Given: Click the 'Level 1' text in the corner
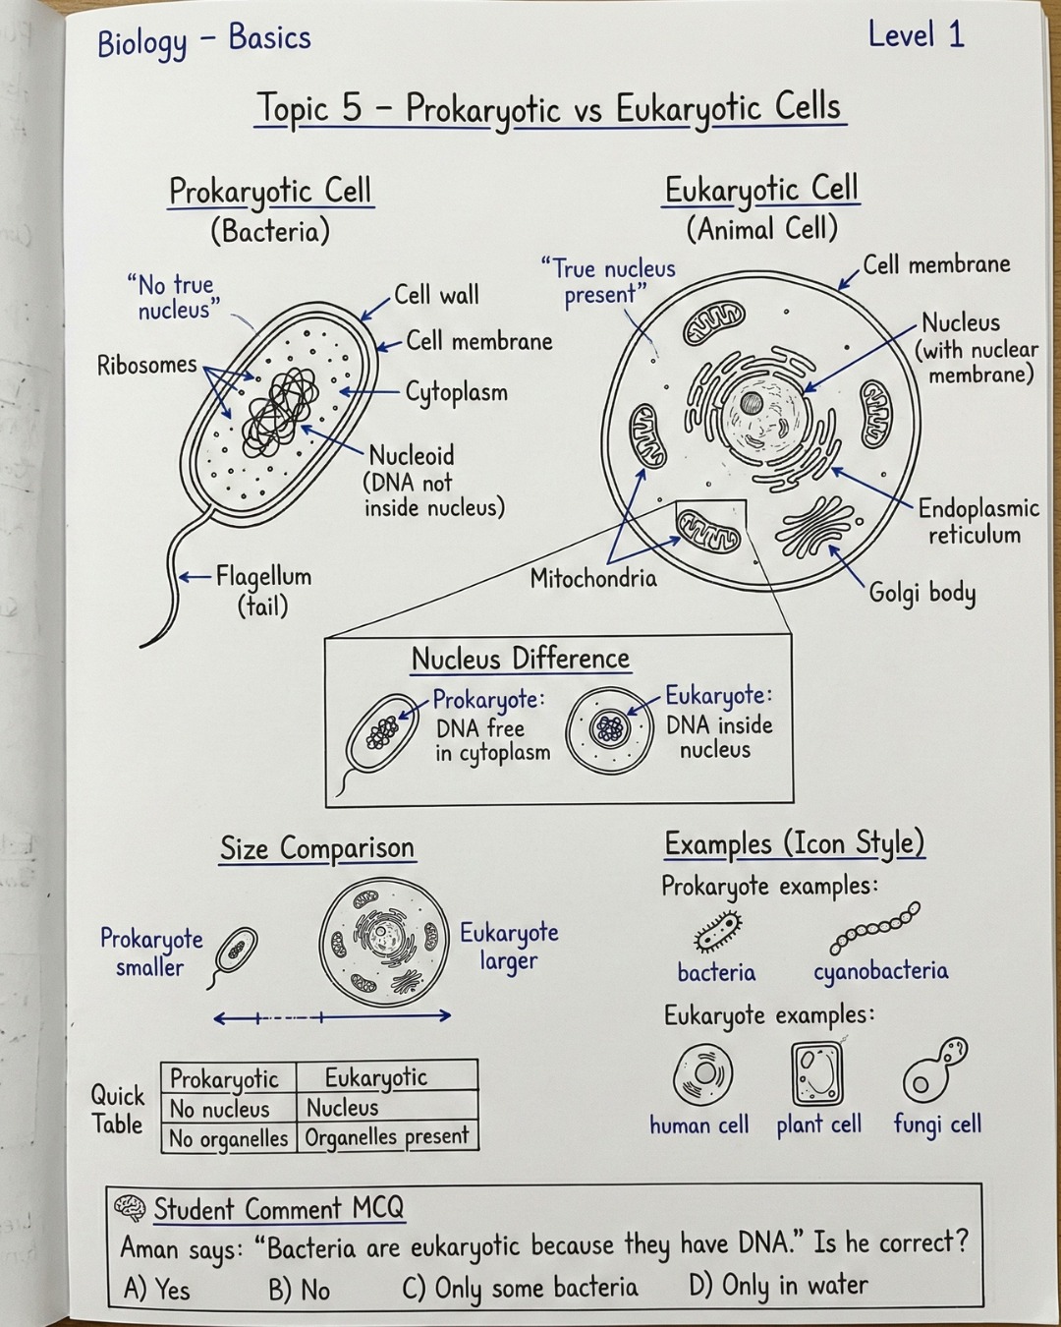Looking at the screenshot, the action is tap(917, 35).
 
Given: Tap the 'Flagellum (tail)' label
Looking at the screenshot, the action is tap(263, 592).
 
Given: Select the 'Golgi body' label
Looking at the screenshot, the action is tap(921, 594).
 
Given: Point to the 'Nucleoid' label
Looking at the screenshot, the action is tap(412, 456).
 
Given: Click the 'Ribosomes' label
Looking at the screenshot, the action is tap(146, 365).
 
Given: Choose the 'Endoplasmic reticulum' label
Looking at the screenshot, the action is tap(978, 522).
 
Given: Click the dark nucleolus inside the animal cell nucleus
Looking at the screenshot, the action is tap(752, 404).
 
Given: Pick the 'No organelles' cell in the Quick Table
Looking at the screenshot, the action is tap(229, 1137).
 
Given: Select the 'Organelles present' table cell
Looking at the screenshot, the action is tap(386, 1136).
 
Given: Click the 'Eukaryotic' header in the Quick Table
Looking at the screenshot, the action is tap(376, 1077).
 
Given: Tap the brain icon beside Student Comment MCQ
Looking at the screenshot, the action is tap(130, 1208).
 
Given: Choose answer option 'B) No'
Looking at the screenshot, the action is tap(299, 1288).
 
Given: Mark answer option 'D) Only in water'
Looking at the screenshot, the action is tap(778, 1286).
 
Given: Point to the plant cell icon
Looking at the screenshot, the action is tap(816, 1073).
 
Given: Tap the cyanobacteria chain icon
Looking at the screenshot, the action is tap(874, 927).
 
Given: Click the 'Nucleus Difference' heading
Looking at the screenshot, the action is tap(521, 659).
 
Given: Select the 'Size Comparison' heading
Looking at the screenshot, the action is tap(317, 848).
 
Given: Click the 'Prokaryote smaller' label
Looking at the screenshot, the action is tap(151, 952).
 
